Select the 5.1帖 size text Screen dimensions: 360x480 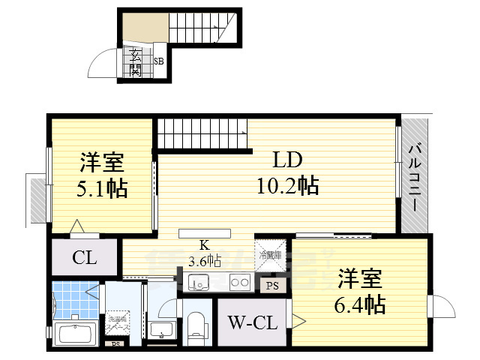pos(101,187)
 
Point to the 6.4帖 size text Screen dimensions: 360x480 pos(360,304)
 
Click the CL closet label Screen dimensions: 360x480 pos(84,259)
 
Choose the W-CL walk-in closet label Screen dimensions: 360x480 pos(251,325)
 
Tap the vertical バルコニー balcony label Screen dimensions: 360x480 pos(414,175)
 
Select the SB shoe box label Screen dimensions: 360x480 pos(159,62)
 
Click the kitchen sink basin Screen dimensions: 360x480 pos(199,283)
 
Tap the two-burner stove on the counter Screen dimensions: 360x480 pos(241,283)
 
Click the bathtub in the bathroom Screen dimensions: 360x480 pos(73,332)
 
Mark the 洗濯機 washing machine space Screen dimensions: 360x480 pos(117,324)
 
